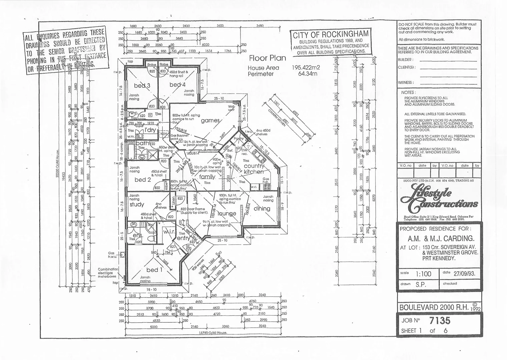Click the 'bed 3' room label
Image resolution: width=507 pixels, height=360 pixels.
coord(142,85)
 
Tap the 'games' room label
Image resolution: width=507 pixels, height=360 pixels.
coord(210,121)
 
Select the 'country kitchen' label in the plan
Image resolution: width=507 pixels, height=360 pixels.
coord(254,169)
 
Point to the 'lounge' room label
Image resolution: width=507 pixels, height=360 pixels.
coord(227,213)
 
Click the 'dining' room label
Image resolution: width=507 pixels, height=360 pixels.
coord(262,209)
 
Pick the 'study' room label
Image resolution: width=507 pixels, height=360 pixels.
coord(137,204)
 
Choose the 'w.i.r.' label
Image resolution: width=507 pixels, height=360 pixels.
coord(168,231)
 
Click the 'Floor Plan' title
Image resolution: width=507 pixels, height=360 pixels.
coord(268,58)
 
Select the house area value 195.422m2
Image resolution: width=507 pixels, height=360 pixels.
coord(306,68)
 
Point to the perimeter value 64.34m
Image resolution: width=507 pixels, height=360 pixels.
coord(308,74)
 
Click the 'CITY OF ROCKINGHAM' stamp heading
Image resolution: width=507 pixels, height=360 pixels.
coord(331,34)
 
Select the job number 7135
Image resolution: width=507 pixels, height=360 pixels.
coord(440,321)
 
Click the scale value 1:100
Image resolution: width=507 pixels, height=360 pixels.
coord(423,274)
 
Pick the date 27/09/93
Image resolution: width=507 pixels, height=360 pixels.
coord(464,274)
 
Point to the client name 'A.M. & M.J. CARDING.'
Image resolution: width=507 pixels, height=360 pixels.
coord(441,239)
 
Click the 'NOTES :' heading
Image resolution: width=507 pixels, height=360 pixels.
coord(408,92)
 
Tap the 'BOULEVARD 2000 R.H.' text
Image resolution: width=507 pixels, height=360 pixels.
coord(435,307)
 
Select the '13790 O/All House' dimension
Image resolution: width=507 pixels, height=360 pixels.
coord(213,333)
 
